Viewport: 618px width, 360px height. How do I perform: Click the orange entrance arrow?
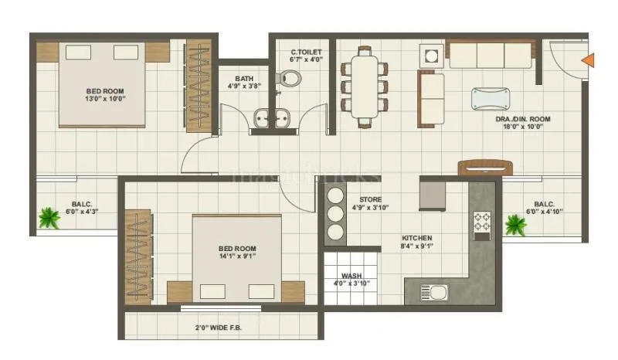(x=588, y=59)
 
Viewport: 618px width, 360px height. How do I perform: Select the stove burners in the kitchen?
(x=483, y=226)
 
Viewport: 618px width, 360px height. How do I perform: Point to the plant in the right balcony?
(x=515, y=224)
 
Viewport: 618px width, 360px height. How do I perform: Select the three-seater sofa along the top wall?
(x=490, y=55)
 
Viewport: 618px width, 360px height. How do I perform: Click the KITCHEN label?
(x=416, y=238)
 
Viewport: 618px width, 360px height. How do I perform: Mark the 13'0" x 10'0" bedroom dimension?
(x=104, y=99)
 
